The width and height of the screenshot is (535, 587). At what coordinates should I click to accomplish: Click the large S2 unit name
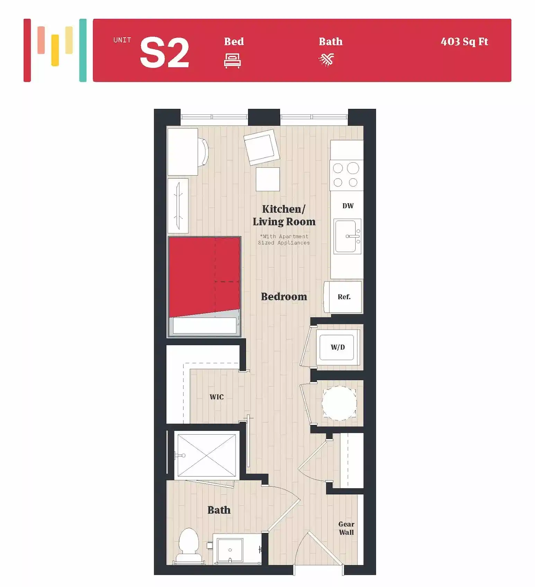(x=164, y=53)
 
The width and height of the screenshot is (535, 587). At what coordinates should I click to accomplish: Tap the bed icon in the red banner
(x=232, y=61)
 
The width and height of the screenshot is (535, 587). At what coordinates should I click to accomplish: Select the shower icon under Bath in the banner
(x=327, y=60)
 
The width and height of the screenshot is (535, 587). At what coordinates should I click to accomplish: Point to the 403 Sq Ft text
(x=464, y=42)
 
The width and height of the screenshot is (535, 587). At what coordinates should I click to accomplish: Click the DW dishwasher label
(x=348, y=206)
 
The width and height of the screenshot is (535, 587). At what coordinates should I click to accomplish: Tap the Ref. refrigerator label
(x=344, y=297)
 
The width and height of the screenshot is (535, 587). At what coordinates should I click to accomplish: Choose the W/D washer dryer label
(x=338, y=347)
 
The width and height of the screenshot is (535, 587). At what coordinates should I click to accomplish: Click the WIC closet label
(x=216, y=397)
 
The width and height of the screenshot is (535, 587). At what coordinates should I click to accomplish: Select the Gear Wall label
(x=346, y=528)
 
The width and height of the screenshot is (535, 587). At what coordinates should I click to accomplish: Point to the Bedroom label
(x=284, y=296)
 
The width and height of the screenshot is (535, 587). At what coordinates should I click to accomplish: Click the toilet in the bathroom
(x=189, y=544)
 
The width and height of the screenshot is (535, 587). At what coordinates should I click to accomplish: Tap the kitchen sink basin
(x=345, y=236)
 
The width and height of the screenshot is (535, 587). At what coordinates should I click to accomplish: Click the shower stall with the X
(x=206, y=455)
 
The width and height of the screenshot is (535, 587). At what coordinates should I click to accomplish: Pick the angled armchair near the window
(x=261, y=147)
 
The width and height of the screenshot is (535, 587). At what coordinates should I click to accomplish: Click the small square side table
(x=268, y=179)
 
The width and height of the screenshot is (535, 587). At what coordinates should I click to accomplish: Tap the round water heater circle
(x=339, y=403)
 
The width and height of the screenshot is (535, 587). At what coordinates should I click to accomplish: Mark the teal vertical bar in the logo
(x=83, y=50)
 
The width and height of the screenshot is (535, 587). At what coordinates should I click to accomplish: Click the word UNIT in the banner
(x=122, y=40)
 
